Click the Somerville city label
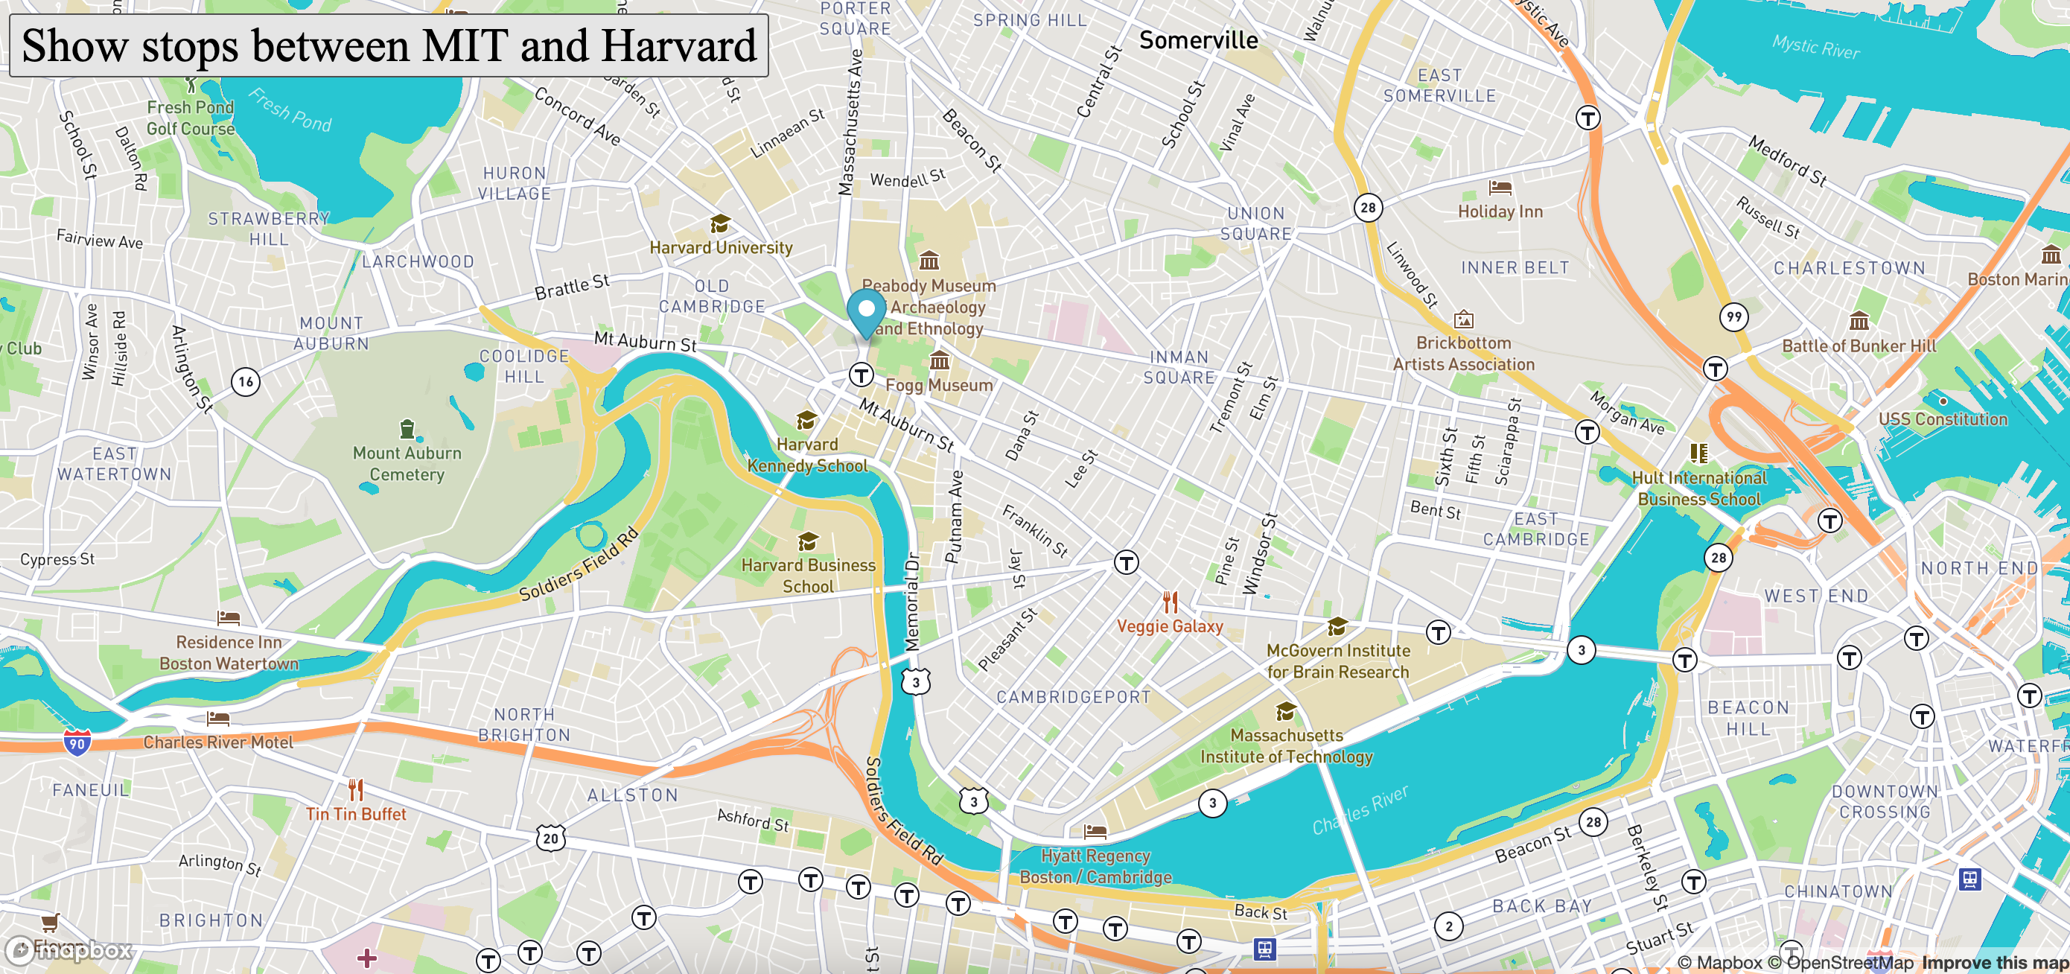(1198, 40)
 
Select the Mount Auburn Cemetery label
(407, 464)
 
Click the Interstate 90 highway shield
(77, 742)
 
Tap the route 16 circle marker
(246, 382)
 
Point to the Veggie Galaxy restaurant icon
(1171, 602)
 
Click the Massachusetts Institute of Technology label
(1286, 746)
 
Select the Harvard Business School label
(808, 576)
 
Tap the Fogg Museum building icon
(938, 361)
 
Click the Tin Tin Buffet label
(356, 814)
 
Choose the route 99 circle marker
(1734, 316)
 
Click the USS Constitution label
(1942, 418)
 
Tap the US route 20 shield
(550, 838)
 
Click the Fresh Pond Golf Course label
(191, 118)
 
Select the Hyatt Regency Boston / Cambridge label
(1095, 866)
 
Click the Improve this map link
(1995, 962)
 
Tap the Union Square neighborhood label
(1255, 223)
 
